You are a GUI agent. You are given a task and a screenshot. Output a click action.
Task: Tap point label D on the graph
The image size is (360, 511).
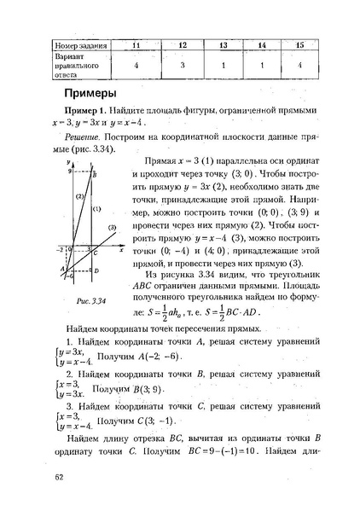(x=96, y=270)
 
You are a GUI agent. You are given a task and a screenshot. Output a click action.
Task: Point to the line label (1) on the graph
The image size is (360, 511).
(x=97, y=208)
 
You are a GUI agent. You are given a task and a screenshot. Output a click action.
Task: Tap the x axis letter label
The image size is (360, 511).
(x=121, y=252)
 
